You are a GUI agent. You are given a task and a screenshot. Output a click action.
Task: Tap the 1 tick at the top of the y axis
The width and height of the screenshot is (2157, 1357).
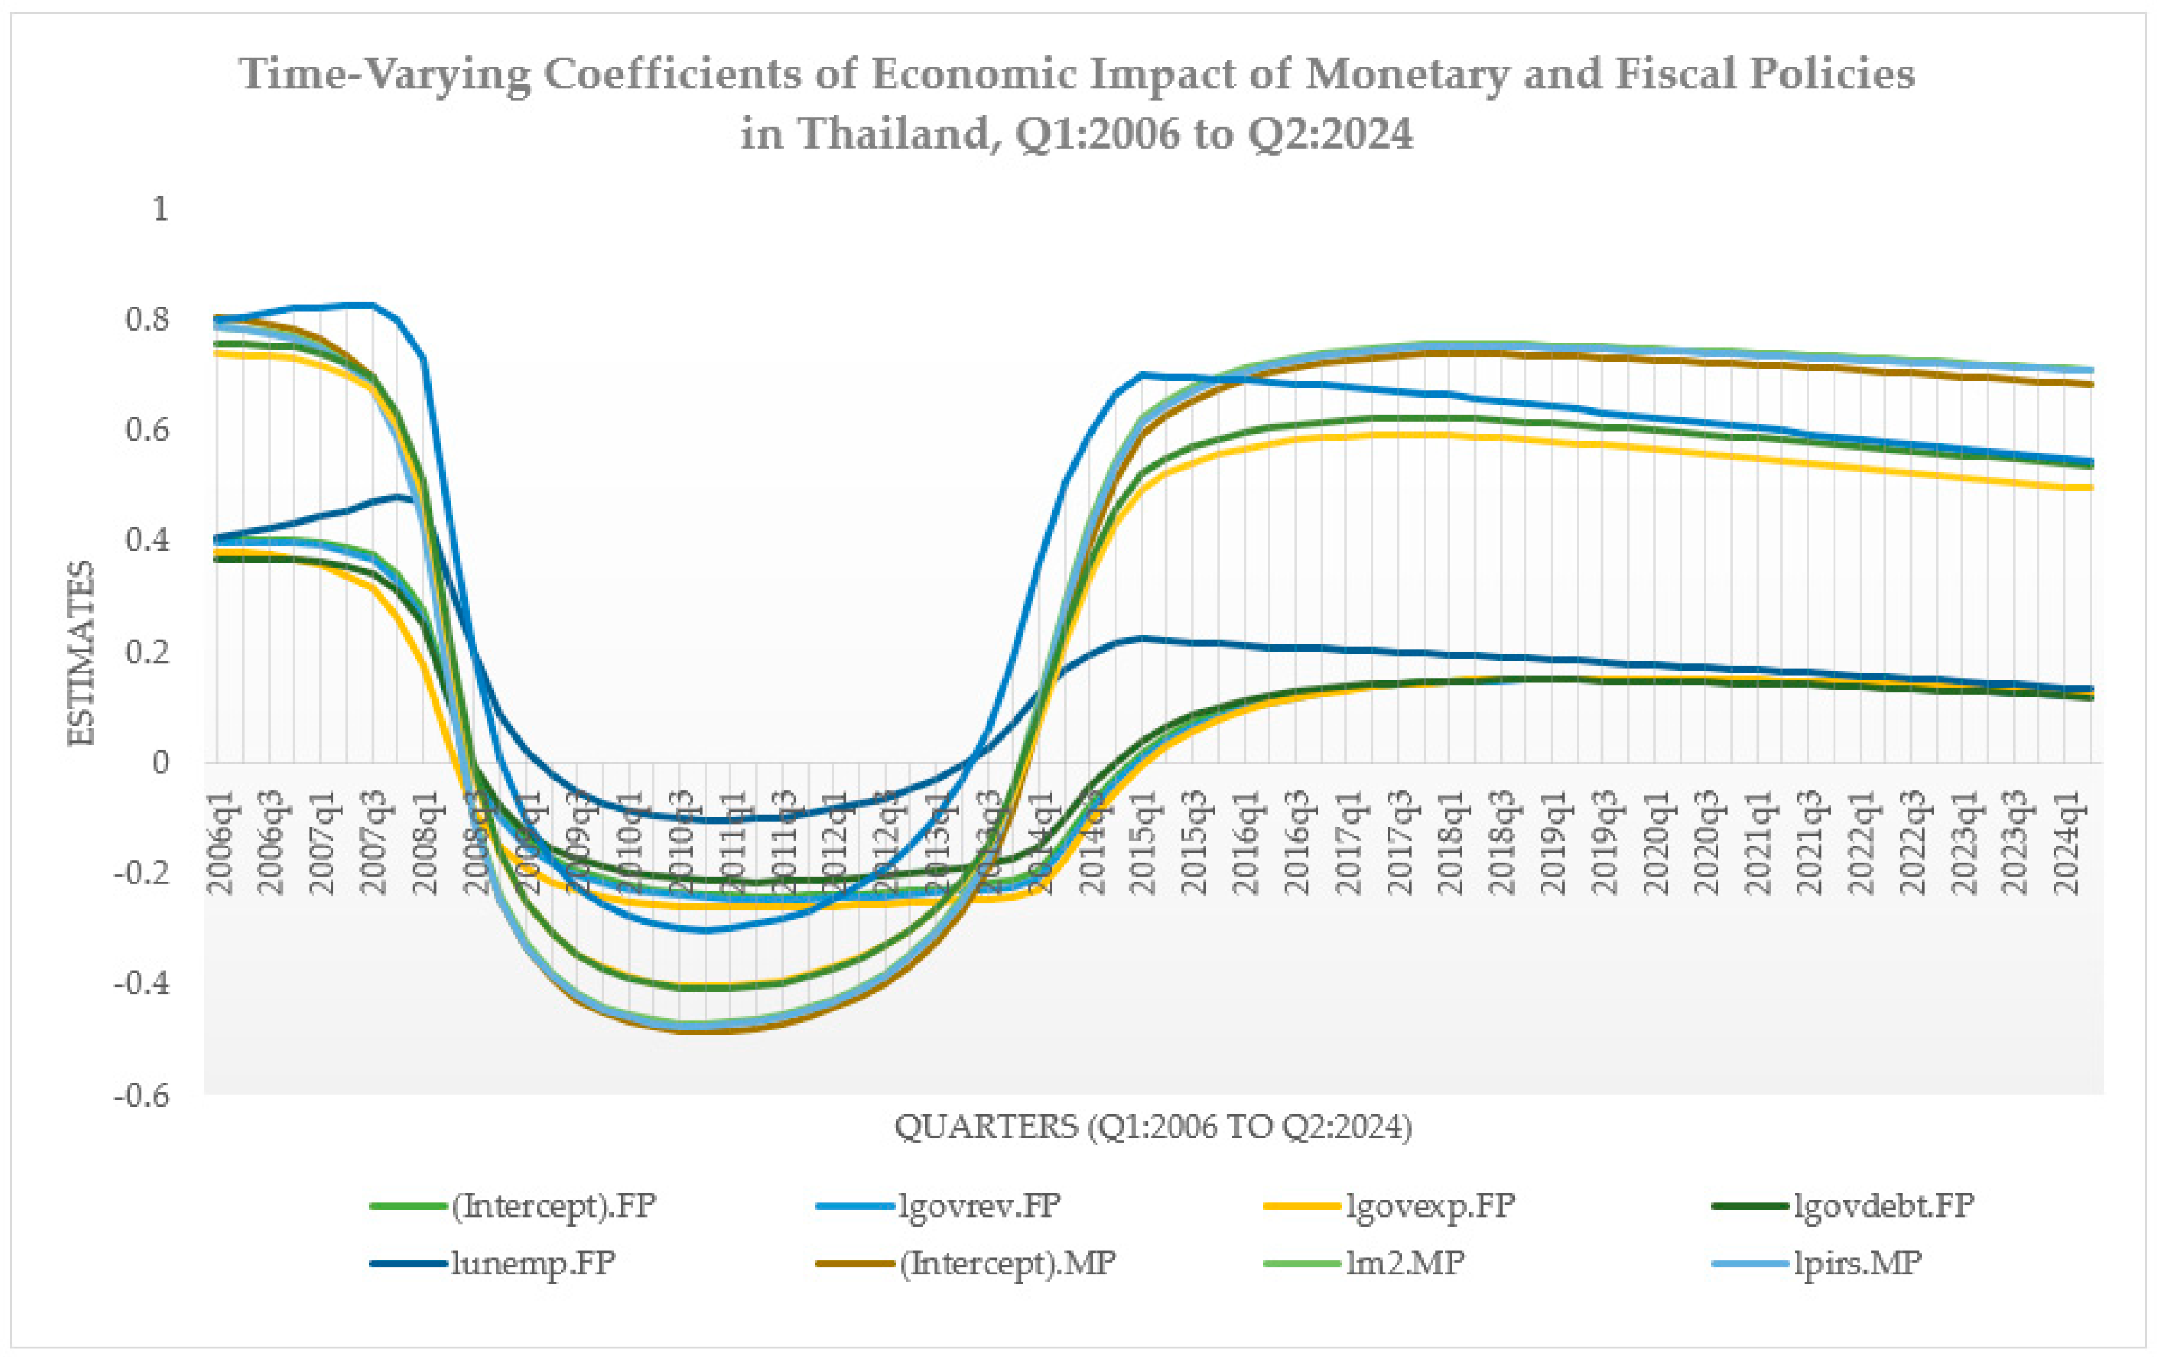tap(160, 209)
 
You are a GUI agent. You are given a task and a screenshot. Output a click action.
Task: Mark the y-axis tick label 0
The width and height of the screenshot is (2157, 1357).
tap(160, 763)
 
